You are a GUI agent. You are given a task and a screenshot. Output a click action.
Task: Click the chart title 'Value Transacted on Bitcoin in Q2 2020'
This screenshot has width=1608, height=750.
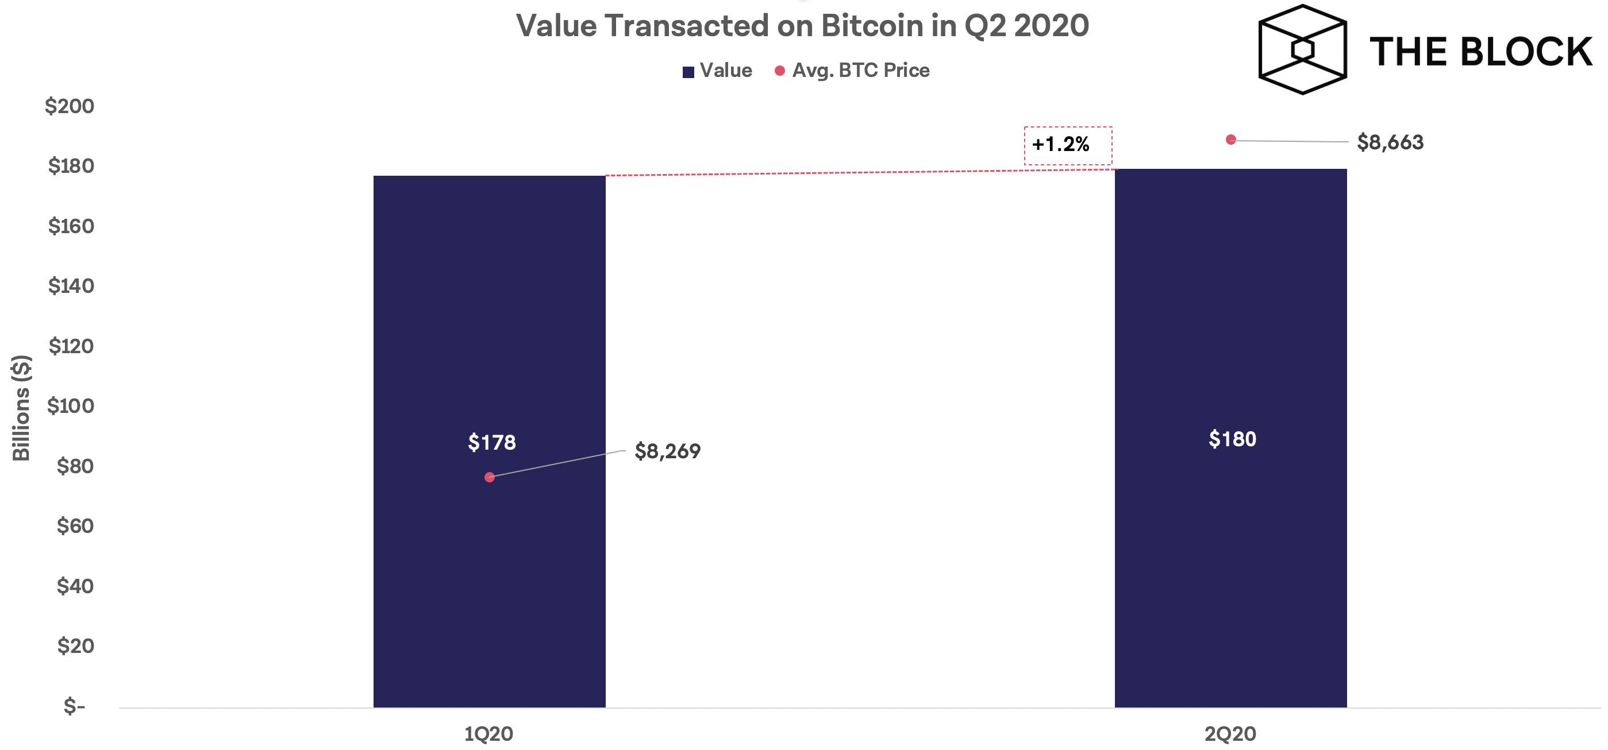[x=802, y=26]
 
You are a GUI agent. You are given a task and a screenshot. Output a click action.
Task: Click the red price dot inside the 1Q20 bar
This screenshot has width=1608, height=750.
[x=490, y=477]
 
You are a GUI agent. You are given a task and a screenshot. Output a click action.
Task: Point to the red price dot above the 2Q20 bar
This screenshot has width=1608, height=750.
[x=1230, y=140]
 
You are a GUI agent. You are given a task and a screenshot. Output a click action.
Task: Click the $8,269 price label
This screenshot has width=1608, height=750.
[x=667, y=451]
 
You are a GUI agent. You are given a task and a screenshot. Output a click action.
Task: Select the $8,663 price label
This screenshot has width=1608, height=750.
[x=1390, y=142]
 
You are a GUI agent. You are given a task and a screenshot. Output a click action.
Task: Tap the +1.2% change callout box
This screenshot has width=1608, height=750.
[x=1067, y=145]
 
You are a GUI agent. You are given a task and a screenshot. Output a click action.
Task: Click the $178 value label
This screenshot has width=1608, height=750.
[x=492, y=442]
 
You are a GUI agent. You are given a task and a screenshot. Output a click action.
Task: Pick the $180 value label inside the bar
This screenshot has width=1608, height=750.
[x=1232, y=439]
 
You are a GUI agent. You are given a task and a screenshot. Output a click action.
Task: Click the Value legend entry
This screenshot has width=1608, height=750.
[x=718, y=71]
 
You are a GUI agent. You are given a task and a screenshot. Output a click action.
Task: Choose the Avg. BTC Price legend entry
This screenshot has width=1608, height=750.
[x=853, y=71]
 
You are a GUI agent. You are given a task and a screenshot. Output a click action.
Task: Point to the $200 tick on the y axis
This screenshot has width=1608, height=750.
[x=70, y=106]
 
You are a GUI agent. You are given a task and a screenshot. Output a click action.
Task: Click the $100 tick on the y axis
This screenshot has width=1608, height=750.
[x=71, y=406]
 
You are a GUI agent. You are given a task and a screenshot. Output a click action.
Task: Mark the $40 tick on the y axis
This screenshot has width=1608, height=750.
[x=75, y=586]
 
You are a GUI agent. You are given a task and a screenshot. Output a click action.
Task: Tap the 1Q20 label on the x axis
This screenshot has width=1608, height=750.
[x=488, y=734]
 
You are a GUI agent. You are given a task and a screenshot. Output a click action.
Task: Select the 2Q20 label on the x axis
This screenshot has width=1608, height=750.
[x=1230, y=734]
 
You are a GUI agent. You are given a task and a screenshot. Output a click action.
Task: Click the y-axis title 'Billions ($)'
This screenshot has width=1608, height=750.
[x=21, y=407]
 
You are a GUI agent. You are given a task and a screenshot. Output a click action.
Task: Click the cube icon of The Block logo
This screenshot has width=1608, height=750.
[x=1302, y=50]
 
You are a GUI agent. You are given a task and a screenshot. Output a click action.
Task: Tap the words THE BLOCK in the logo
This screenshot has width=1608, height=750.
[x=1480, y=52]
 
